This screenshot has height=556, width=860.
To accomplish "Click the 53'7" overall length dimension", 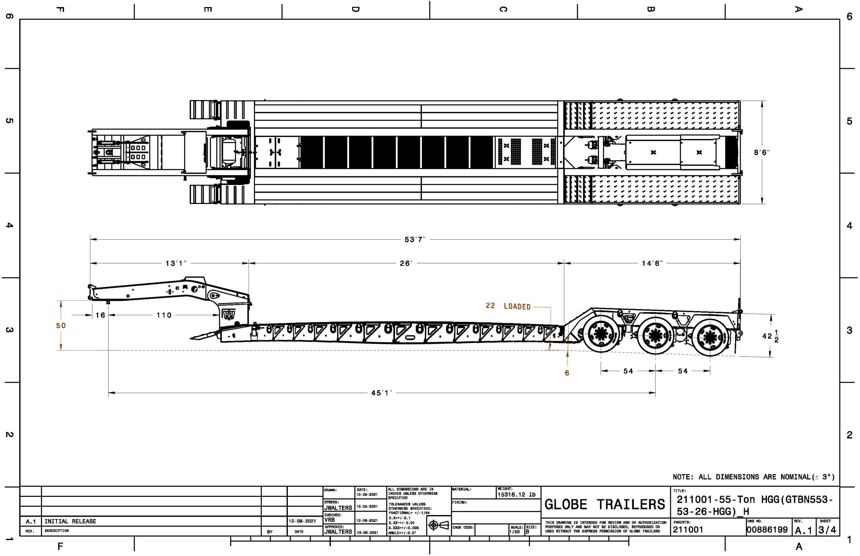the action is [x=415, y=240].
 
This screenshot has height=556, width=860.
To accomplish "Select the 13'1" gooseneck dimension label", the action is [x=176, y=264].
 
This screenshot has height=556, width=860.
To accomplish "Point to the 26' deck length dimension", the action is [x=406, y=264].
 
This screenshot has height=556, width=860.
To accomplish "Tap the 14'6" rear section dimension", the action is [x=652, y=264].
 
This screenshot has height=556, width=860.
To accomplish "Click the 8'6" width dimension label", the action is [x=761, y=153].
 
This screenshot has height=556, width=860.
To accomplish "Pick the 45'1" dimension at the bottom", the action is [x=381, y=393].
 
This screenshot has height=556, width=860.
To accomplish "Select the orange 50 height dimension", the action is [x=61, y=326].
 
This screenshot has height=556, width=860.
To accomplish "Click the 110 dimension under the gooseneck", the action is [x=164, y=316].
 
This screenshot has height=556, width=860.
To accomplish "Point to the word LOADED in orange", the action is [x=517, y=307].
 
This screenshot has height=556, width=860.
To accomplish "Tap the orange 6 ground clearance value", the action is [x=567, y=373].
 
